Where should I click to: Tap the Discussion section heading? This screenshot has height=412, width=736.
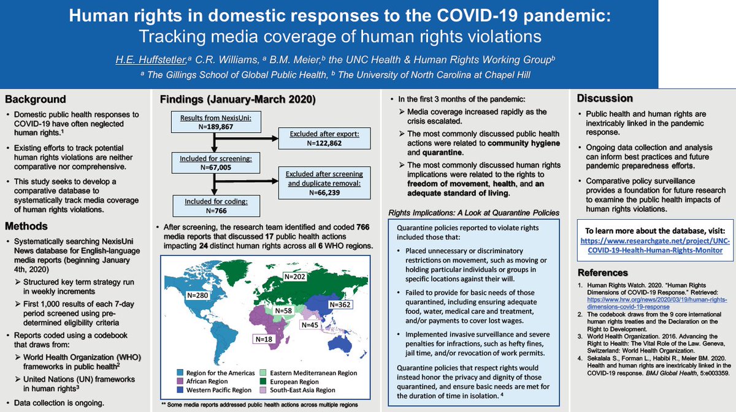pos(604,98)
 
